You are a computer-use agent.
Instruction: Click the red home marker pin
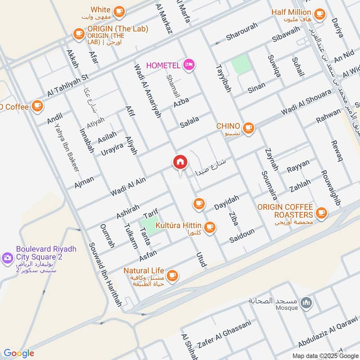[x=180, y=162]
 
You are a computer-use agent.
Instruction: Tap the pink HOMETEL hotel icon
[x=189, y=66]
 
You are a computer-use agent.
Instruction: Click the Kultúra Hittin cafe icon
[x=209, y=228]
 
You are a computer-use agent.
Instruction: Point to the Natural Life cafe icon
[x=172, y=275]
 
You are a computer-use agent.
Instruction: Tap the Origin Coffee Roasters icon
[x=321, y=212]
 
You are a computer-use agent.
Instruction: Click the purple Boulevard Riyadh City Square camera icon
[x=7, y=258]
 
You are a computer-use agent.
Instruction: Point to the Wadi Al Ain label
[x=128, y=186]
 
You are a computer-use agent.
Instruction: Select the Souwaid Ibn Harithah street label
[x=105, y=274]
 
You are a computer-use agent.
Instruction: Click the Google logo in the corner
[x=19, y=353]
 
